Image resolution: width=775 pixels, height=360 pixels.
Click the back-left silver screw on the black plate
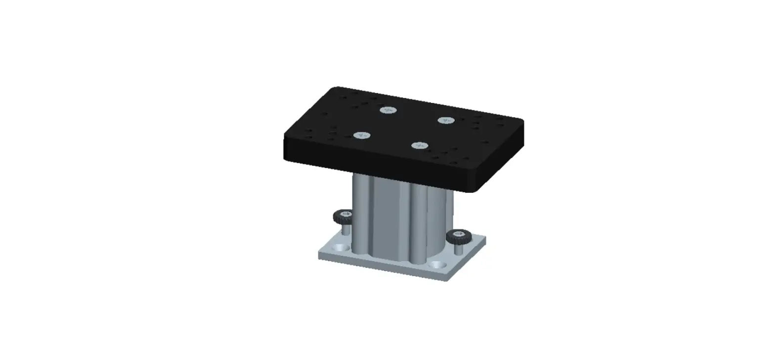[x=388, y=110]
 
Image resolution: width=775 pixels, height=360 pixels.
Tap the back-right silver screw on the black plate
[x=446, y=120]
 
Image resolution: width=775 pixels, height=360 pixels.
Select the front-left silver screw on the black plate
[x=362, y=135]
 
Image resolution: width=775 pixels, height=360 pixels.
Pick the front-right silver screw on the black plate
[x=420, y=145]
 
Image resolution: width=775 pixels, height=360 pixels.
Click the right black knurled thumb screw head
[x=457, y=237]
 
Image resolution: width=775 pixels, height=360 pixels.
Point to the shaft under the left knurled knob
[x=345, y=229]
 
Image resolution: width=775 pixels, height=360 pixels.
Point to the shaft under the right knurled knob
[x=458, y=249]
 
